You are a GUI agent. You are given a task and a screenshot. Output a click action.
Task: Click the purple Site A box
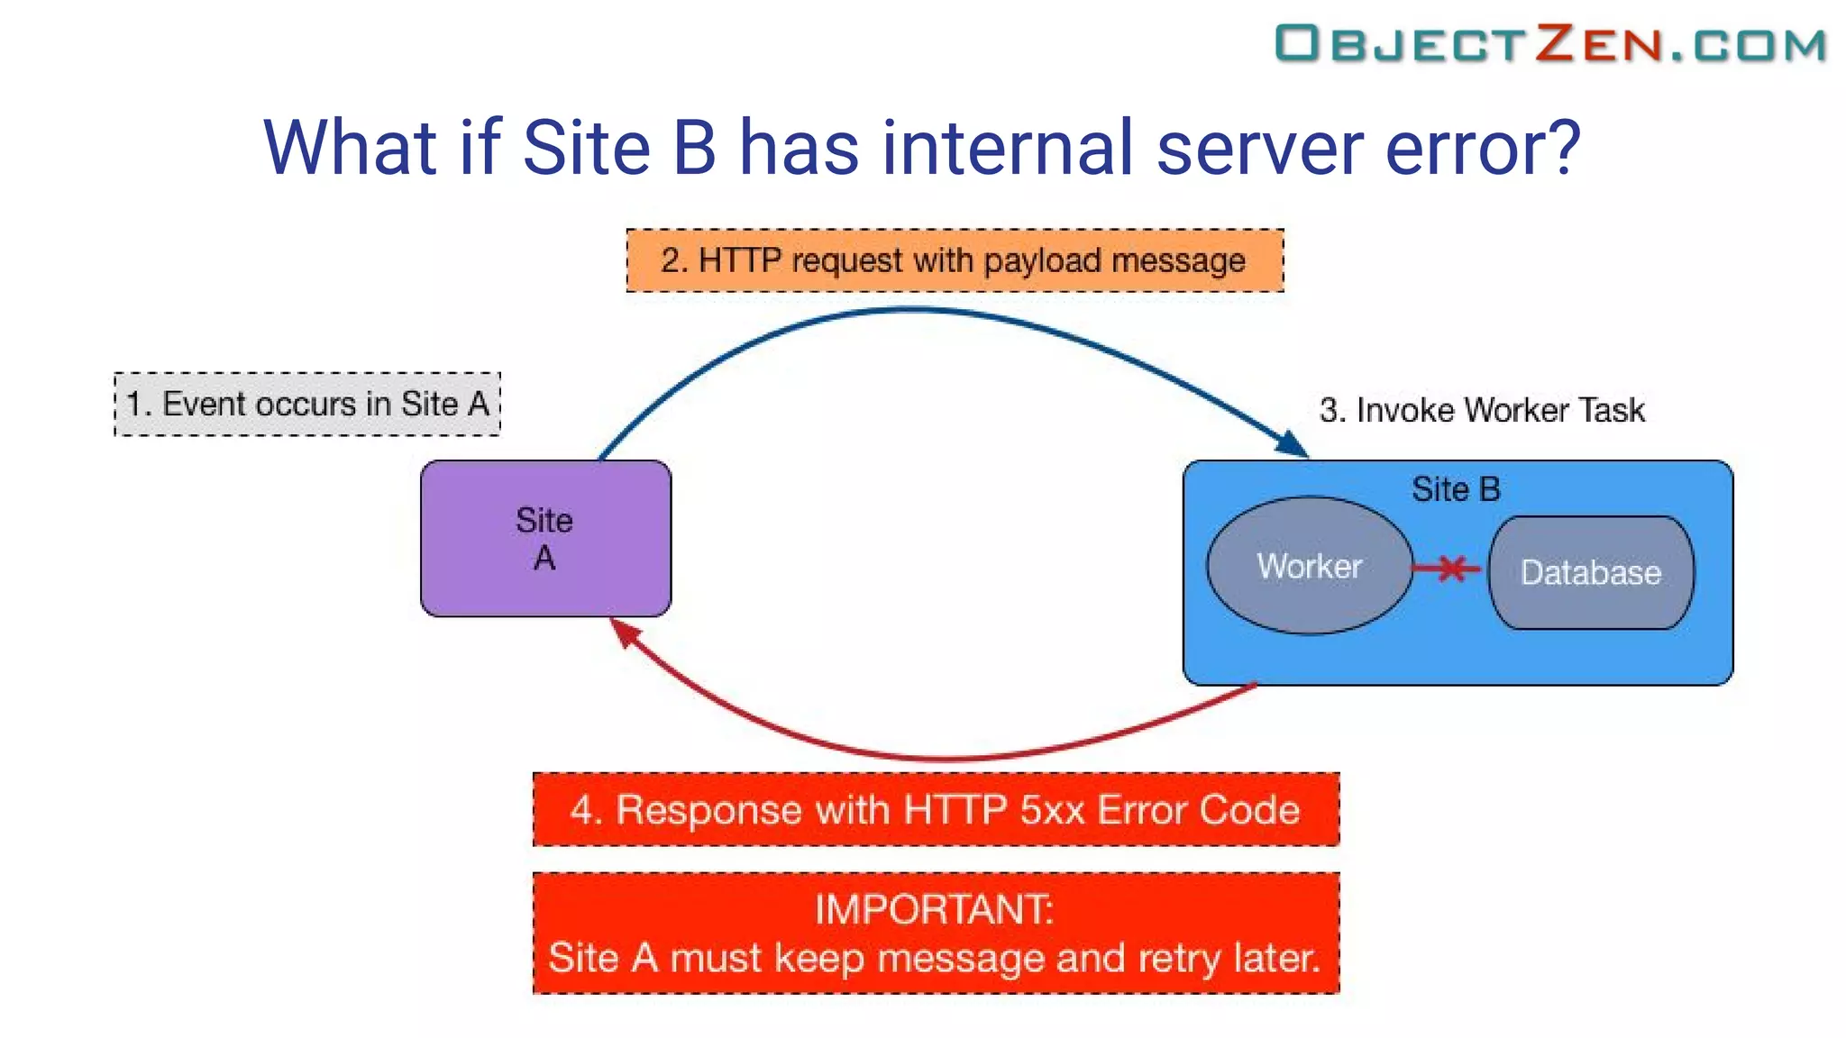pos(545,539)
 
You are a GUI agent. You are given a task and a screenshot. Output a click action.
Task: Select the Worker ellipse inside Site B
pos(1309,566)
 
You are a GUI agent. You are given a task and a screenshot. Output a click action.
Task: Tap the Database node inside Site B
pos(1591,573)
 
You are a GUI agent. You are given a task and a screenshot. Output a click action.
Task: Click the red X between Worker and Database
pos(1450,569)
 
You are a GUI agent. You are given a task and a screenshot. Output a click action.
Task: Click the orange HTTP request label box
pos(955,260)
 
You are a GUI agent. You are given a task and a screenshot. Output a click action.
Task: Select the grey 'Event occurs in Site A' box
pos(307,404)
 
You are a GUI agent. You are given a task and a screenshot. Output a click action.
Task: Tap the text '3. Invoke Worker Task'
pos(1482,410)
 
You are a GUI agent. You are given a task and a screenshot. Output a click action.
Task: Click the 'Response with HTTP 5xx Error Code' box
pos(936,809)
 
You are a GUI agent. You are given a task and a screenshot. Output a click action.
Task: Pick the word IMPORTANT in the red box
pos(934,908)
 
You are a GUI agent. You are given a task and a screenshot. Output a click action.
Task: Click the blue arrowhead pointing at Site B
pos(1293,444)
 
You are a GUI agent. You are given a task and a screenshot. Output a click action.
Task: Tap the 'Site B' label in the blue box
pos(1456,489)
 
